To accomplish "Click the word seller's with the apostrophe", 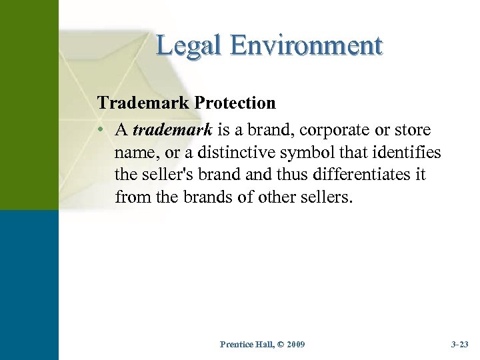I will point(169,175).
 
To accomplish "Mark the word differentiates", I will point(354,175).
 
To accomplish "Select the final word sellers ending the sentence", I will point(325,198).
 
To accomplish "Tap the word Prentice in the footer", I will point(236,344).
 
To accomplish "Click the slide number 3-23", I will point(459,344).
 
